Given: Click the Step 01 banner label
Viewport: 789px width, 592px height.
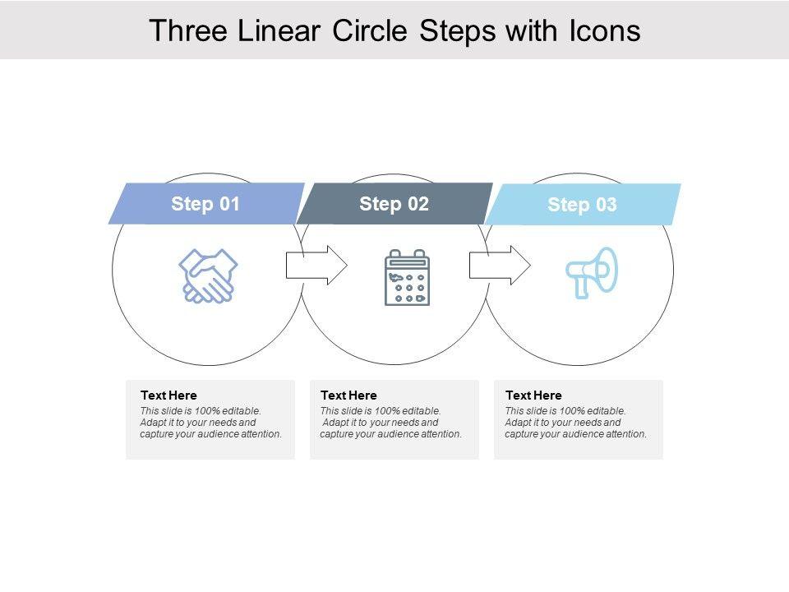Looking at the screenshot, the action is pos(205,204).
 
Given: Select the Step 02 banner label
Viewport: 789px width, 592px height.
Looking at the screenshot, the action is pos(394,204).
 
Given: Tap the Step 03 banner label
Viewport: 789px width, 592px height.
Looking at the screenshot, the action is pos(582,205).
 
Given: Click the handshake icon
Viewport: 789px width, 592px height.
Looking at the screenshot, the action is pos(208,276).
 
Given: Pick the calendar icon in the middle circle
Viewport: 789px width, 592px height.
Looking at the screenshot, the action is pos(407,277).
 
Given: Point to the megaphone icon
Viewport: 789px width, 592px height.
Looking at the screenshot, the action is pos(592,272).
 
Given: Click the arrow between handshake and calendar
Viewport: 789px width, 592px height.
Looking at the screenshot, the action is pos(316,265).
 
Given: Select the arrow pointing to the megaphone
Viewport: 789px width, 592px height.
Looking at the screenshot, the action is pos(500,265).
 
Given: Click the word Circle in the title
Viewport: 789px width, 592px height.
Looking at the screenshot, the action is pos(370,30).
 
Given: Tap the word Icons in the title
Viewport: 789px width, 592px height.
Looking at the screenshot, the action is pos(605,30).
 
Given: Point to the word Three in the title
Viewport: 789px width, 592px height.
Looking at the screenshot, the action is pos(188,30).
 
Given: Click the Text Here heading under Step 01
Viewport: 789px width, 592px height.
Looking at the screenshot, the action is pos(168,395).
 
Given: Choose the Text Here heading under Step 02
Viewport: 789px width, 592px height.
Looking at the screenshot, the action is pos(348,395).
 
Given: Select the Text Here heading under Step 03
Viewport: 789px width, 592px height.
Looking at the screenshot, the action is pos(533,395).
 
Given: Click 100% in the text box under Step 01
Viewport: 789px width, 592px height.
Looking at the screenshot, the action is pos(207,411).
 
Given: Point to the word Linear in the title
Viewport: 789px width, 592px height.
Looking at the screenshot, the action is pos(279,30).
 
